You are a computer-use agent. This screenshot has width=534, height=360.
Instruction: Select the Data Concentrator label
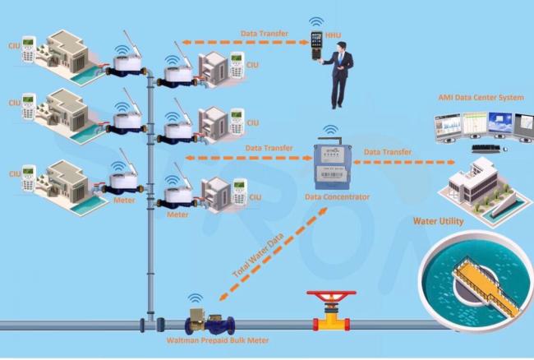pos(337,197)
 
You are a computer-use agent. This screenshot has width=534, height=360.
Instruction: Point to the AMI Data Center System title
pos(478,98)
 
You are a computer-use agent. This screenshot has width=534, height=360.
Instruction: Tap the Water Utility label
pos(438,221)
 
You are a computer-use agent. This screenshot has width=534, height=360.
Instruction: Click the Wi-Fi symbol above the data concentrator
pos(330,131)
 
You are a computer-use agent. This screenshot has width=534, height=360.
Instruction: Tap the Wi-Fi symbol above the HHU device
pos(315,22)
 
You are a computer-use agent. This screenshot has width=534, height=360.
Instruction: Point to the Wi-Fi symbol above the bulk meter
pos(195,299)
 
